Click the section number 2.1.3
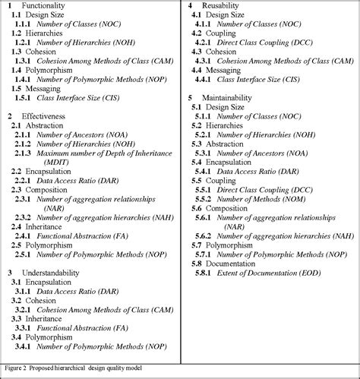[x=22, y=153]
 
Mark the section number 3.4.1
[x=22, y=346]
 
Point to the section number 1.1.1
[x=22, y=24]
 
